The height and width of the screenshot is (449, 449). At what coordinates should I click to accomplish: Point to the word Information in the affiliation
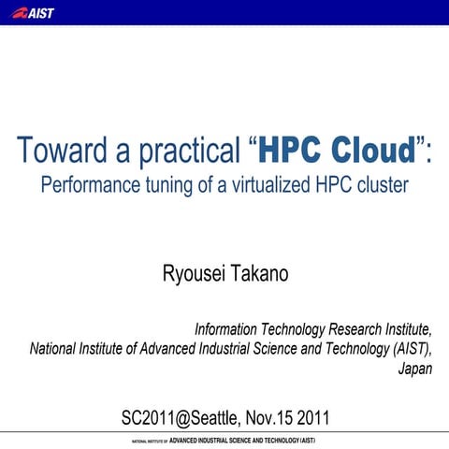tap(226, 330)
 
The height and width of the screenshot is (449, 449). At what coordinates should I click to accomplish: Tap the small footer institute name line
tap(224, 439)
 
